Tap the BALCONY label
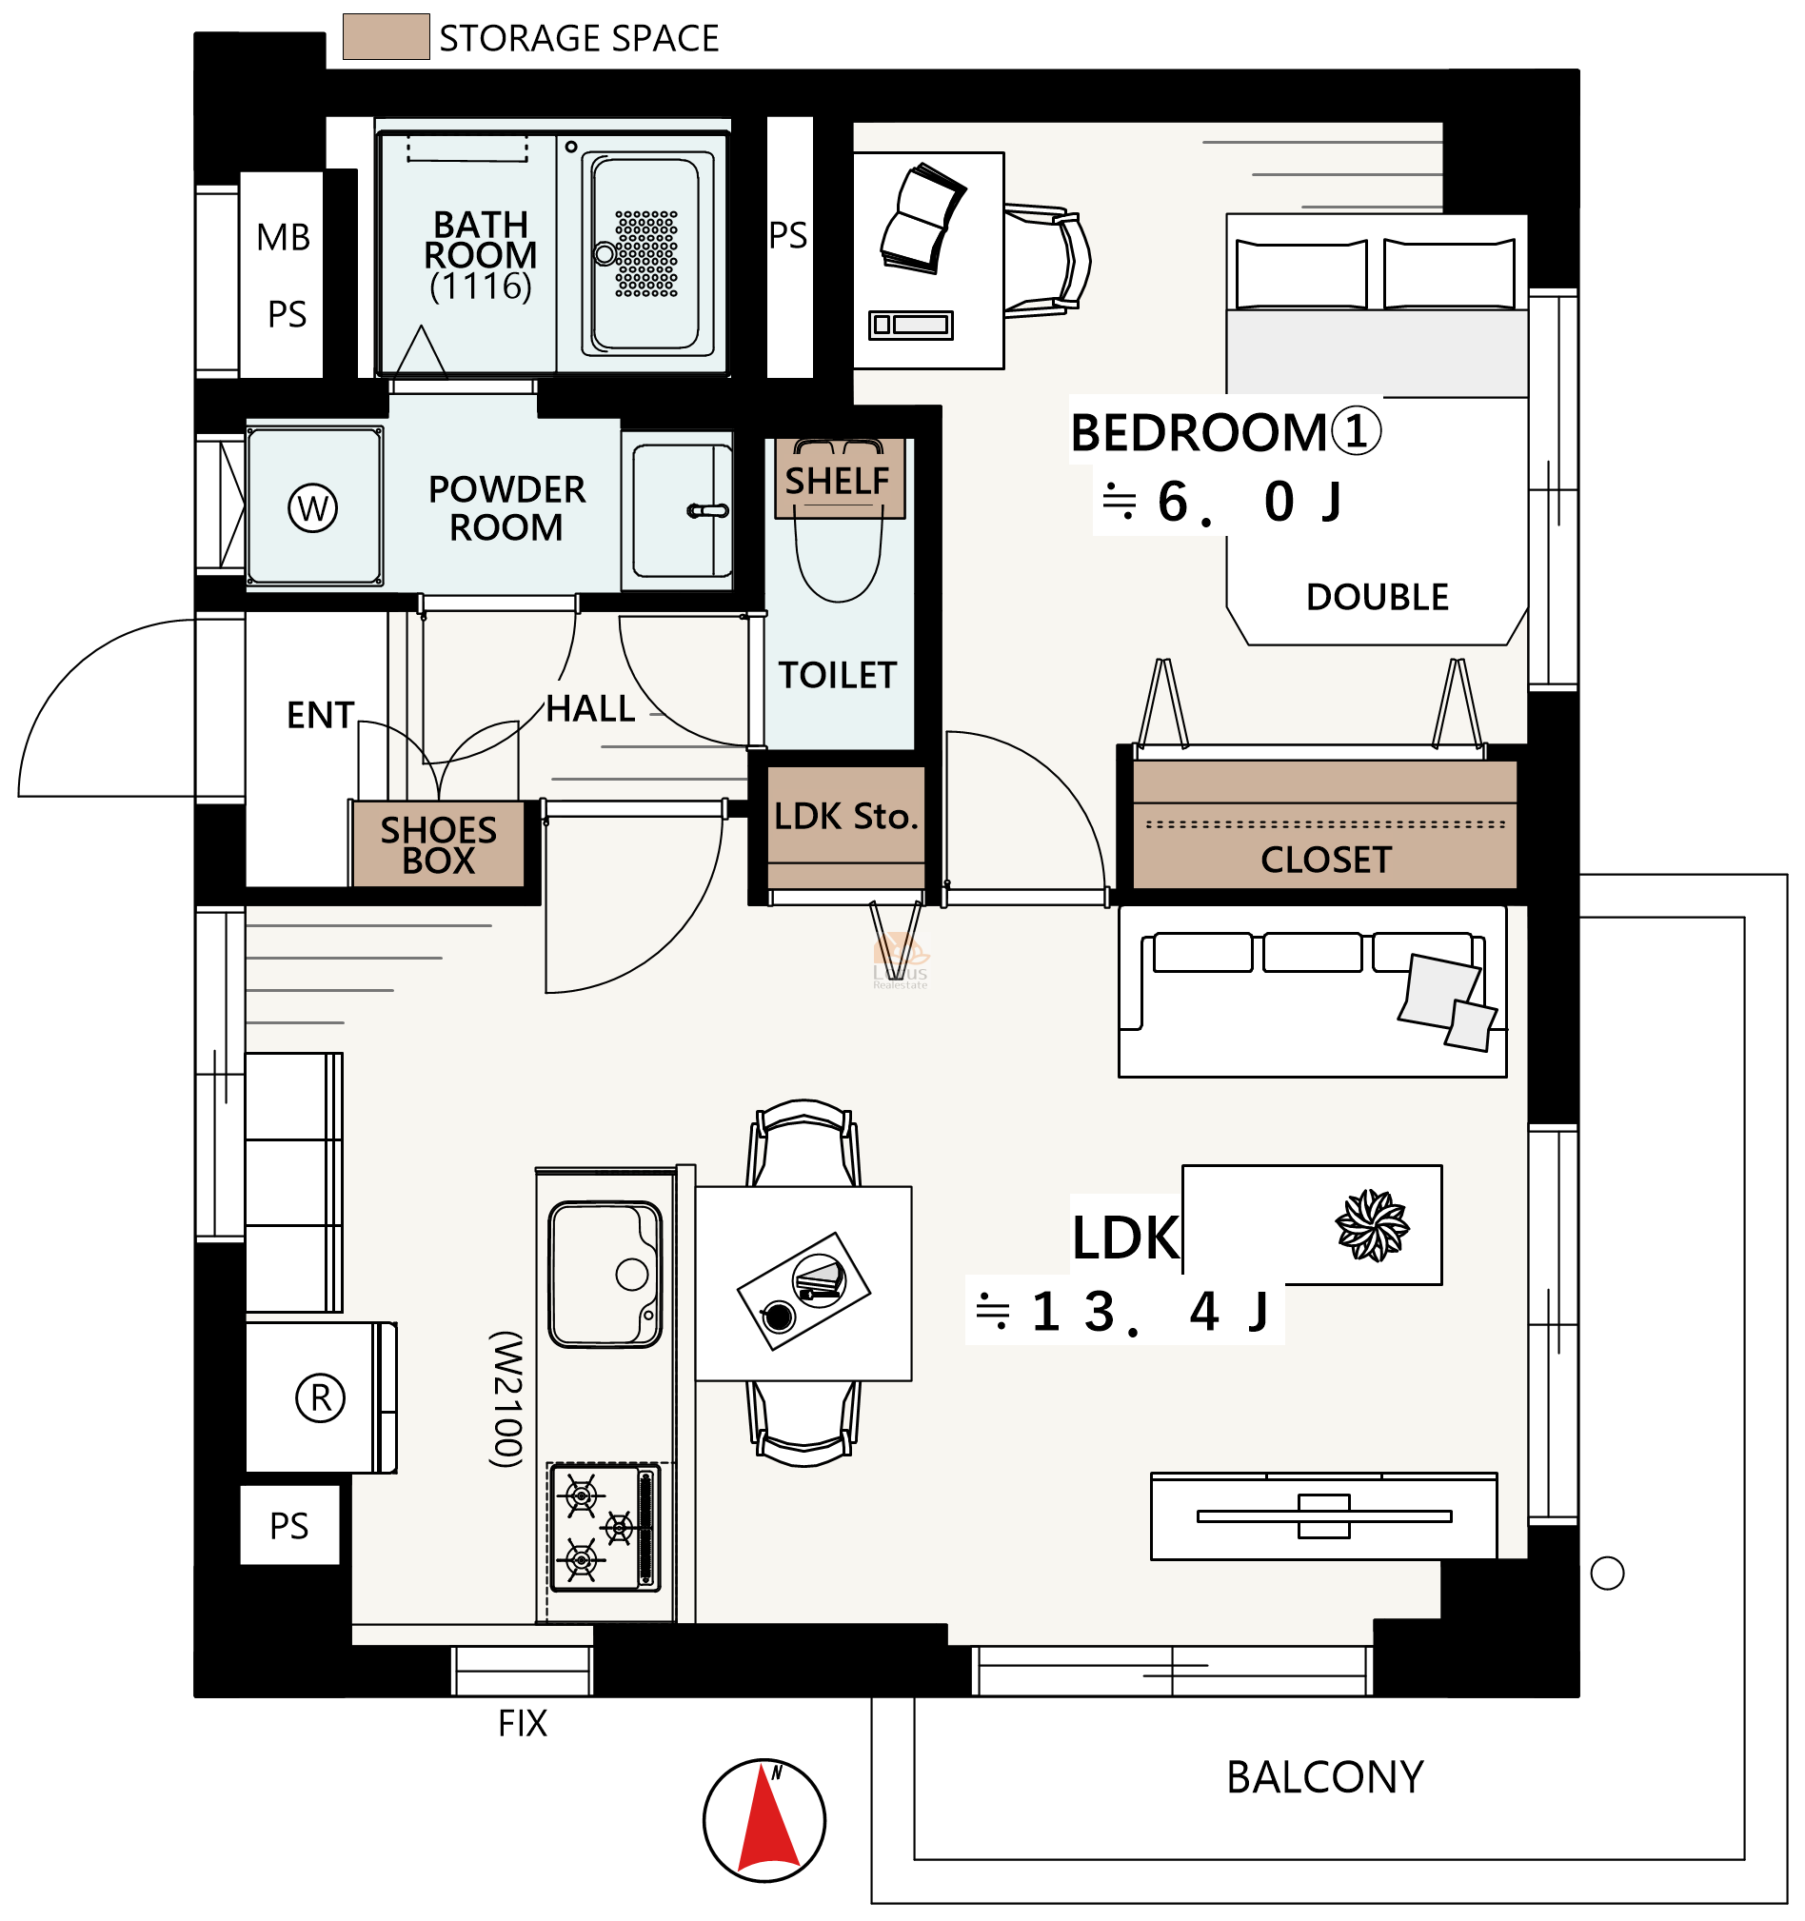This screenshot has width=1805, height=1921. pos(1325,1778)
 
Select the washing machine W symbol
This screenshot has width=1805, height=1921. pos(312,507)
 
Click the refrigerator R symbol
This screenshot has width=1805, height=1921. pos(321,1397)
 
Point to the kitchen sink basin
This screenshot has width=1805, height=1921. pos(605,1274)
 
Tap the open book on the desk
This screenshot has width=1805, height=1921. pos(921,219)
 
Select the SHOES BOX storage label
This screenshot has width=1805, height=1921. pos(439,845)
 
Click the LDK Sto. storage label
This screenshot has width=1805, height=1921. pos(845,817)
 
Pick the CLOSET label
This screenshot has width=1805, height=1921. pos(1326,860)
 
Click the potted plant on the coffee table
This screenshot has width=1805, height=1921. pos(1372,1225)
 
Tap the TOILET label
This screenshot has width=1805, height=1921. pos(838,676)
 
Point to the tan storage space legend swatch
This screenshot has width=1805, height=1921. pos(386,37)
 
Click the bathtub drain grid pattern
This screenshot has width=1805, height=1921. pos(646,253)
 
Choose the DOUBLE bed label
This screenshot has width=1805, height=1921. pos(1377,597)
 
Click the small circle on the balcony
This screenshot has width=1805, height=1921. pos(1607,1574)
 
